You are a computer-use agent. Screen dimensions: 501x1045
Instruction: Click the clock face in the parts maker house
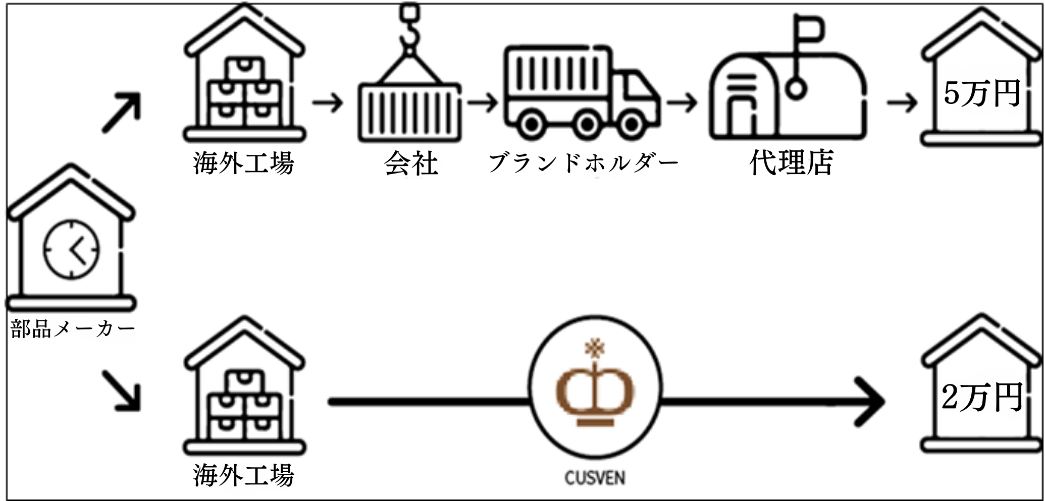(x=72, y=249)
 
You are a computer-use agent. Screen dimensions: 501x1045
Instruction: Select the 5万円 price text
(x=982, y=93)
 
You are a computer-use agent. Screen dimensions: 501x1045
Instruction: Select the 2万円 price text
(x=982, y=397)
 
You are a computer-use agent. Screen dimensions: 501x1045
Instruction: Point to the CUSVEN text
(x=595, y=478)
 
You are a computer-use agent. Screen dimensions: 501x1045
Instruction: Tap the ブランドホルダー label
(x=583, y=163)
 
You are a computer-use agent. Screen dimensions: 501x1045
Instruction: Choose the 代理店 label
(x=791, y=162)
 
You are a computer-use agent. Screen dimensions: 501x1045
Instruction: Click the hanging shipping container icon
(x=410, y=112)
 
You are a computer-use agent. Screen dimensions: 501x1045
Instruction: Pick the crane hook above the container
(x=410, y=30)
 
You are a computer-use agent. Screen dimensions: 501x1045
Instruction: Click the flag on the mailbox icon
(x=810, y=28)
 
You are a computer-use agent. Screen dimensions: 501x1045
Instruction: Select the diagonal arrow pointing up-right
(x=121, y=113)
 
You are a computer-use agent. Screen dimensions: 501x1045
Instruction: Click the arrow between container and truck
(x=482, y=103)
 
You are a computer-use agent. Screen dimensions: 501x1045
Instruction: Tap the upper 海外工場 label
(x=243, y=163)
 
